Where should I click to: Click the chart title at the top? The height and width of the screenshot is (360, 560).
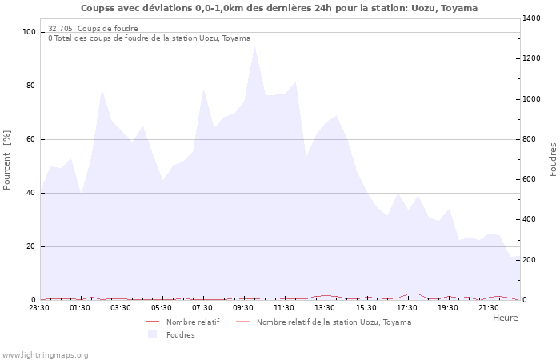pos(279,8)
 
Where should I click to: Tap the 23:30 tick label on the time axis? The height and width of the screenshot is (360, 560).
pos(40,307)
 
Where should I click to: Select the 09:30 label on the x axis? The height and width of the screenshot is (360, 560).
pos(244,307)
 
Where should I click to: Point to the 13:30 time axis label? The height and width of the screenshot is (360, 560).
pos(326,307)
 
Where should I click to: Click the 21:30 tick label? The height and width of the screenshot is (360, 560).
pos(489,307)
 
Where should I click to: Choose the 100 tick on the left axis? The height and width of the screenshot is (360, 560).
pos(30,32)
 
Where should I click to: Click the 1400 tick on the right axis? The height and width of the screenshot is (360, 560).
pos(533,18)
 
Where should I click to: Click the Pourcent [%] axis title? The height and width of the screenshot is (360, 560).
pos(7,160)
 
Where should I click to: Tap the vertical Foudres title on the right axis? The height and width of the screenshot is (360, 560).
pos(553,159)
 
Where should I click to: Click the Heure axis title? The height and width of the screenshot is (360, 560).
pos(505,318)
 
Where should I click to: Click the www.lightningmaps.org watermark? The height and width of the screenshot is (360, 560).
pos(45,354)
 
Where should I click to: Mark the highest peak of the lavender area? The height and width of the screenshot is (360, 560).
pos(254,45)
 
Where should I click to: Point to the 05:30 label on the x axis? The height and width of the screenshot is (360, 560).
pos(162,307)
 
